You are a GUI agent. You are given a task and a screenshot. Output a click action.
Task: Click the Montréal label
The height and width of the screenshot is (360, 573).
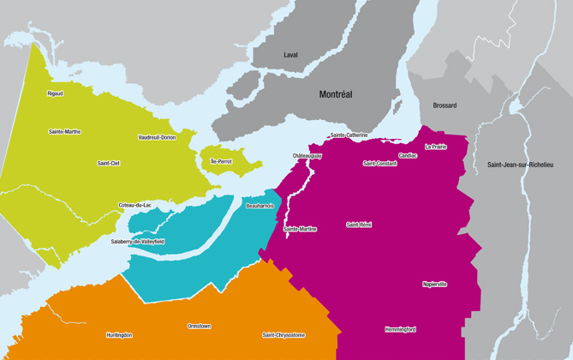tap(336, 94)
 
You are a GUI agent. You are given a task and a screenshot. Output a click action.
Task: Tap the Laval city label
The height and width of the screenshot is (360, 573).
tap(290, 55)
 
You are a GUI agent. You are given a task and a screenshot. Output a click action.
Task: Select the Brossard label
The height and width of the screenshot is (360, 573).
tap(445, 105)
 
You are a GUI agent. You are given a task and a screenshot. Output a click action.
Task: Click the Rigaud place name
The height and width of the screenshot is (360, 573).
tap(55, 93)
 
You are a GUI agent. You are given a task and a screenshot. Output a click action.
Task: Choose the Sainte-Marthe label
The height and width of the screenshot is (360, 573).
tap(65, 132)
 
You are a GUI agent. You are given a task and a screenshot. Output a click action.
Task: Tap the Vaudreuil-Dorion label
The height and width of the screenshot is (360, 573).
tap(157, 137)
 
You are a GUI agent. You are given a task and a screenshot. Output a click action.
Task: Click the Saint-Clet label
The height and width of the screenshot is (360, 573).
tap(109, 163)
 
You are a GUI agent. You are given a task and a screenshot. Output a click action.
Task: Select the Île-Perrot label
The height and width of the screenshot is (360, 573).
tap(220, 161)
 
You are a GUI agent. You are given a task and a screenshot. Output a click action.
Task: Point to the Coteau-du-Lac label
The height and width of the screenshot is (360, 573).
tap(134, 205)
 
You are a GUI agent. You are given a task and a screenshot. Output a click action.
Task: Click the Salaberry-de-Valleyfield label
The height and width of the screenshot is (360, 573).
tap(137, 242)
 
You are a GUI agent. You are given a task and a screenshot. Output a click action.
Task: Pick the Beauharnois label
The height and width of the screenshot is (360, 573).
tap(259, 207)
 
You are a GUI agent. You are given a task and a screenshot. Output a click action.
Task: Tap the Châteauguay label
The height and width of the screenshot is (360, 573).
tap(307, 156)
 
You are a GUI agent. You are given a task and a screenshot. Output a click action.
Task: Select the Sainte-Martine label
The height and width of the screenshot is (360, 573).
tap(300, 229)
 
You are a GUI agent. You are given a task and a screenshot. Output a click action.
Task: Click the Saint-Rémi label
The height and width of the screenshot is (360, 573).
tap(359, 225)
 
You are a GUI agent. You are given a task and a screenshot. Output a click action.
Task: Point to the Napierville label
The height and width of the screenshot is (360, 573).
tap(435, 284)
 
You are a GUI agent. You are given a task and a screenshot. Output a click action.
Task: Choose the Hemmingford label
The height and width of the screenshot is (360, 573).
tap(400, 329)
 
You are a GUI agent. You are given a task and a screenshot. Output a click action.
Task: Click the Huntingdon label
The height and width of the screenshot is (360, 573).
tap(119, 335)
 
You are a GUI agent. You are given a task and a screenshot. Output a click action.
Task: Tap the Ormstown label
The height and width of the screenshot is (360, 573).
tap(200, 326)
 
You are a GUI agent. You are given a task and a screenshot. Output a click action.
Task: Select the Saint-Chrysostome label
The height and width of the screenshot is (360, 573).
tap(284, 335)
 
